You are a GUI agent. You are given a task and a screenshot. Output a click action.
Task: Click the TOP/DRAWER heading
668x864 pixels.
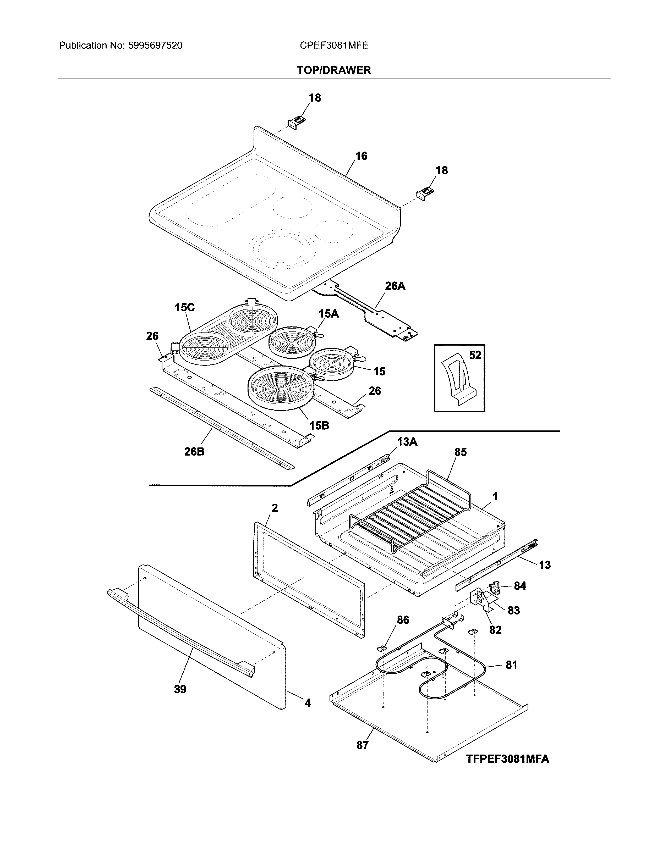pos(333,70)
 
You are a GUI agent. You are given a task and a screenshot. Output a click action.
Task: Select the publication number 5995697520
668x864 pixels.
pos(155,46)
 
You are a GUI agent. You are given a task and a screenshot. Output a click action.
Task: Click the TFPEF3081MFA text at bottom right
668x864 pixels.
pos(507,759)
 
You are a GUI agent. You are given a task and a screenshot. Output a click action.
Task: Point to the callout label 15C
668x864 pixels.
pos(185,307)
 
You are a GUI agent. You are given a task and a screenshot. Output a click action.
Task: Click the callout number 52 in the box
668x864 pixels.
pos(475,355)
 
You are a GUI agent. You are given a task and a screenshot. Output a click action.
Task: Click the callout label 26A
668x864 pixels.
pos(395,286)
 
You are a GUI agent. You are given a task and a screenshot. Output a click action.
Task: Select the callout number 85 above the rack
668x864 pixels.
pos(460,452)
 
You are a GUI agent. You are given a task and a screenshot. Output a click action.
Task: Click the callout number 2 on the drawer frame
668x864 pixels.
pos(275,508)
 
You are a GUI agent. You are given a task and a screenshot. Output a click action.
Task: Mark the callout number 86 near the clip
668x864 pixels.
pos(403,620)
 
